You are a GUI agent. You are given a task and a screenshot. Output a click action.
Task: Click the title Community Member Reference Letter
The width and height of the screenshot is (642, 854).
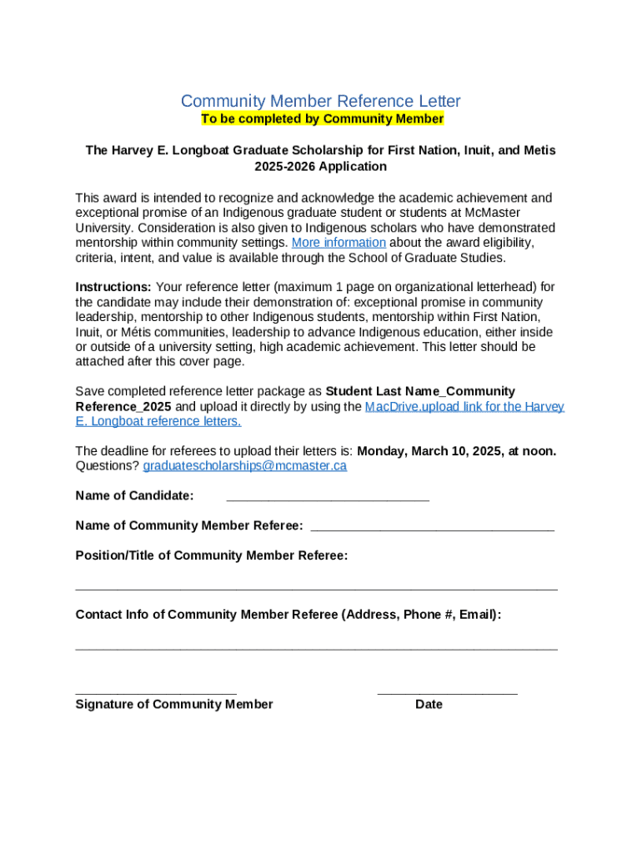321,101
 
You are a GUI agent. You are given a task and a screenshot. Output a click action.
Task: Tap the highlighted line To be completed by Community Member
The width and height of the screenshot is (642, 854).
322,119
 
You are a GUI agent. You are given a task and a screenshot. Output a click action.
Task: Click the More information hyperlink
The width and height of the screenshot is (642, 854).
339,243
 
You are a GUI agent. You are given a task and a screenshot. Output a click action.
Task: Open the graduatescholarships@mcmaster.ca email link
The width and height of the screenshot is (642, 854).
245,465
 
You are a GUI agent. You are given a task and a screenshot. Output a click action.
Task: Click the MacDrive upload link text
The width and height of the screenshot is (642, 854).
464,407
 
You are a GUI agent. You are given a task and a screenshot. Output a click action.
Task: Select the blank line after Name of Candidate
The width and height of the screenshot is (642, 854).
328,498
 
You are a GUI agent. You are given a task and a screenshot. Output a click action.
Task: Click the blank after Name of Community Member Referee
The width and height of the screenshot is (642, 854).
432,527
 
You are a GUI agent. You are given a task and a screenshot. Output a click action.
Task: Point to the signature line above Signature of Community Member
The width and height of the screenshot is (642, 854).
156,691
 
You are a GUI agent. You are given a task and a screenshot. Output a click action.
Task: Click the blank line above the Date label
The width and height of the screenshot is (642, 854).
447,691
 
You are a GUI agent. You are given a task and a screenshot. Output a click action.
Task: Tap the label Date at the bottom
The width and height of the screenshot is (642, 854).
429,705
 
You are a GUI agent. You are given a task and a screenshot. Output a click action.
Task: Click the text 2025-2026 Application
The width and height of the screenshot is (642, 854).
321,166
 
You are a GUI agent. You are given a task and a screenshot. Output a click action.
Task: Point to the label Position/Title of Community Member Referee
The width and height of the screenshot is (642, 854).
212,555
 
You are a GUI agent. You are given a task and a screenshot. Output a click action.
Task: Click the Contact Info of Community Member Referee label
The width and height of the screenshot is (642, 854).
288,615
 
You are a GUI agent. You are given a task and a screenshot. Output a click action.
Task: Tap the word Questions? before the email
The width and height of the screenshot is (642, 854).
108,465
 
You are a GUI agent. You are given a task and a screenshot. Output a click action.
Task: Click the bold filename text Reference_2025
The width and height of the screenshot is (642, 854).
123,407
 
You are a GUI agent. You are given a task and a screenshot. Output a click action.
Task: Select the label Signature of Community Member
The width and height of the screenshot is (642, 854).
174,705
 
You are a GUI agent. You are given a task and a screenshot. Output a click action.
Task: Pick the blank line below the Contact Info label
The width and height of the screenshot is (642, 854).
317,646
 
